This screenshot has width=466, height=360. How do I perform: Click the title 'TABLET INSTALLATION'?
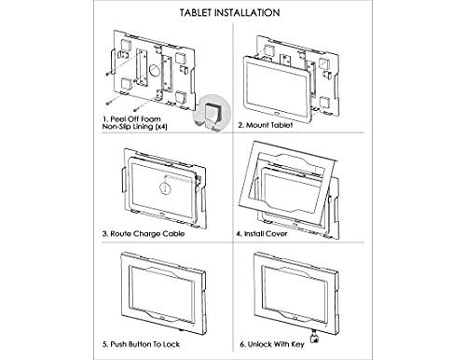click(232, 15)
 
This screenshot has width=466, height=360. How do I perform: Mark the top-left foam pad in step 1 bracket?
click(125, 43)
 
